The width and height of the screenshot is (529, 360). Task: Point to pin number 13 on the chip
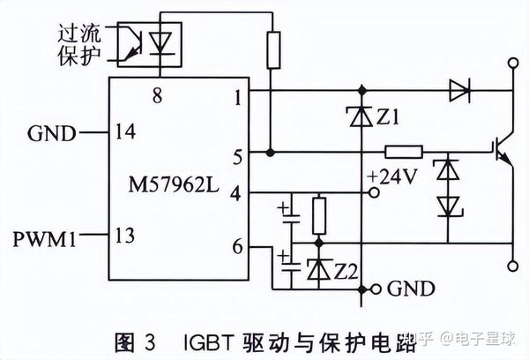125,236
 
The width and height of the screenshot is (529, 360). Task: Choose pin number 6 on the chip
237,248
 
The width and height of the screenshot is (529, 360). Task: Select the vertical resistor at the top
273,48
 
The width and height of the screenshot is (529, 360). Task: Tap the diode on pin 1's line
458,88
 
